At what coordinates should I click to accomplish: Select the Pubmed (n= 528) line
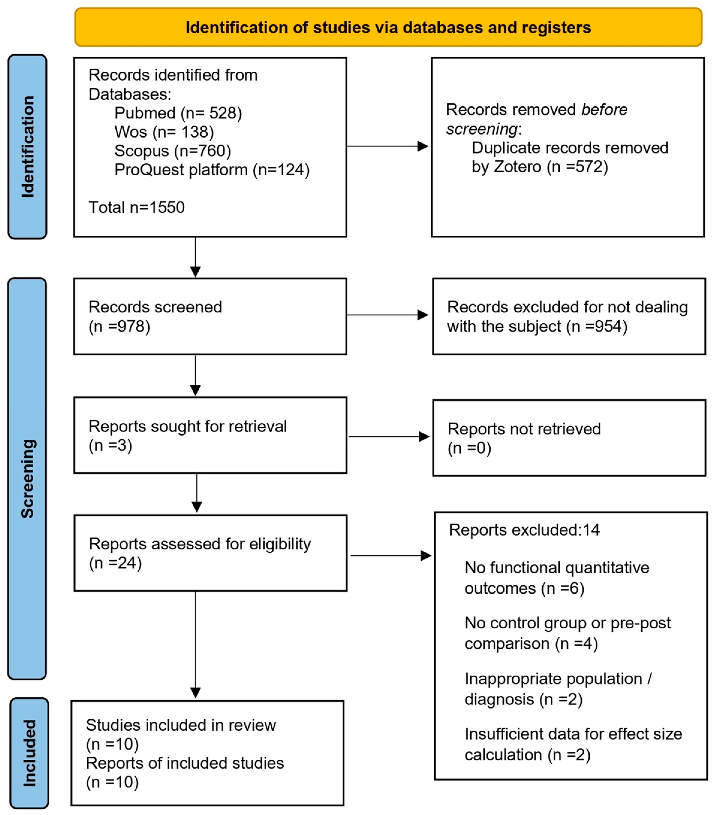pyautogui.click(x=178, y=113)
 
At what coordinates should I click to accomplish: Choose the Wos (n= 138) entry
pyautogui.click(x=164, y=132)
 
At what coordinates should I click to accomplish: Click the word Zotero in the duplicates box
pyautogui.click(x=517, y=167)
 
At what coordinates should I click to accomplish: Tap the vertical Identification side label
pyautogui.click(x=27, y=147)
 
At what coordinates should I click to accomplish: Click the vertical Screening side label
pyautogui.click(x=27, y=478)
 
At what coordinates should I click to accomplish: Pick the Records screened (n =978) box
pyautogui.click(x=210, y=317)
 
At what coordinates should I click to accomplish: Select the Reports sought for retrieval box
pyautogui.click(x=210, y=435)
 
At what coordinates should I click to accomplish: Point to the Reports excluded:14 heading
pyautogui.click(x=524, y=530)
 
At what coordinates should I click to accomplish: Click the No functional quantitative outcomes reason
pyautogui.click(x=557, y=578)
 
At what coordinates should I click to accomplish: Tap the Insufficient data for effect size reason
pyautogui.click(x=573, y=744)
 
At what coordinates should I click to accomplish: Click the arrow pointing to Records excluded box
pyautogui.click(x=387, y=315)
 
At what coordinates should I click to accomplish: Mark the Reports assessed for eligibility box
pyautogui.click(x=210, y=553)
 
